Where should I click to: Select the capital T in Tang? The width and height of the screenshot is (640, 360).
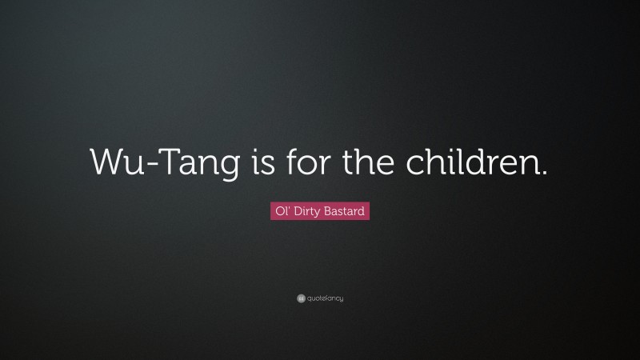161,162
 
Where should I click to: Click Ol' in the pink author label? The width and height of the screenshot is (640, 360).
279,212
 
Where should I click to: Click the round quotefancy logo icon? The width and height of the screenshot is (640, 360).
300,298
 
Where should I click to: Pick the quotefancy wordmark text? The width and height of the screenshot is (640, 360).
325,298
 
